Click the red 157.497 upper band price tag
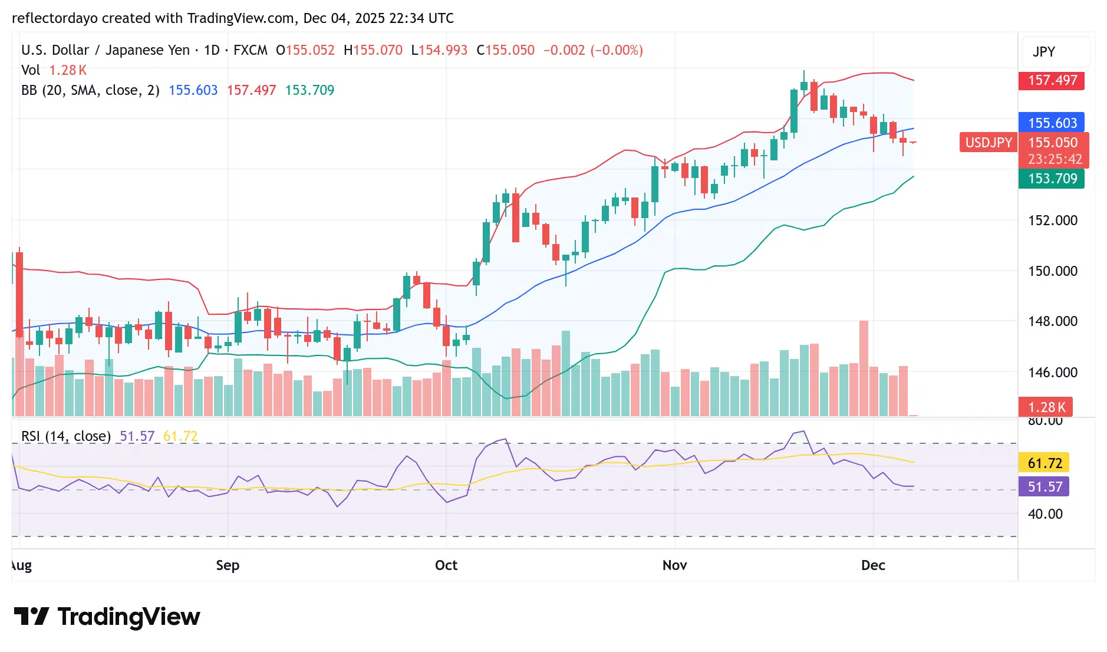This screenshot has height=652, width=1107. [x=1052, y=80]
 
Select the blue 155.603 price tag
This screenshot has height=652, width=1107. [x=1052, y=123]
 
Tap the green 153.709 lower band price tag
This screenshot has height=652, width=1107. [x=1052, y=179]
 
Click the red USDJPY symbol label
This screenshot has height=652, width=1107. [x=988, y=143]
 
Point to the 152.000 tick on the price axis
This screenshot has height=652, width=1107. [x=1052, y=220]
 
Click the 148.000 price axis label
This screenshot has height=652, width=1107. [x=1052, y=321]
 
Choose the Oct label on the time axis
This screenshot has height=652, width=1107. [x=446, y=565]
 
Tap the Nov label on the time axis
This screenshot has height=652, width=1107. [x=674, y=565]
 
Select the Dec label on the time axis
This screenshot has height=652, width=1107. [x=873, y=565]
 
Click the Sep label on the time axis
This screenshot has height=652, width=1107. [x=228, y=565]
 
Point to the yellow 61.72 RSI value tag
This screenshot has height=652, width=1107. [x=1045, y=463]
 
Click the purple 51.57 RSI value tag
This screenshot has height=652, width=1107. [x=1045, y=487]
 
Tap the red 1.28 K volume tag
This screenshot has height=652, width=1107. [x=1046, y=407]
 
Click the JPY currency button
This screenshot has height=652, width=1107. [x=1044, y=52]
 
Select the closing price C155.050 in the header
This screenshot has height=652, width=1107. [x=506, y=50]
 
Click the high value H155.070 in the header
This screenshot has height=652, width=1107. [x=373, y=50]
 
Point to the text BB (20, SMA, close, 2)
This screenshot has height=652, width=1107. [x=90, y=90]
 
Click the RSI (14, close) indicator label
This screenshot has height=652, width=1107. [x=66, y=436]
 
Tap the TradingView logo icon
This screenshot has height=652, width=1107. [x=31, y=617]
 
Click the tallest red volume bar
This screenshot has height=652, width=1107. [x=864, y=368]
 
